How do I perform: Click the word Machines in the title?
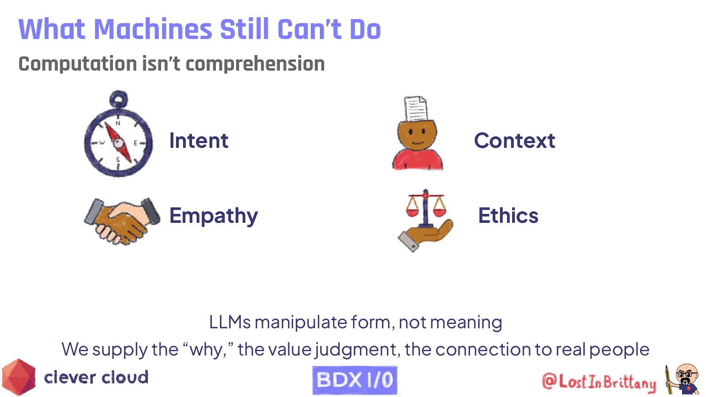(153, 30)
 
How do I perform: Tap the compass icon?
(118, 140)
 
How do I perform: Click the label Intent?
(199, 141)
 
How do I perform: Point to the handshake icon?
(122, 221)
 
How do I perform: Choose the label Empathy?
(214, 216)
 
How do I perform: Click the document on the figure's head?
(416, 109)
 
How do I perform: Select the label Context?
(514, 141)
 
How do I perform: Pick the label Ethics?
(508, 216)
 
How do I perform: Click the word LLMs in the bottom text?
(229, 322)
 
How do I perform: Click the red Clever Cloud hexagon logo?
(19, 377)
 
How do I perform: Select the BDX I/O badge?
(355, 380)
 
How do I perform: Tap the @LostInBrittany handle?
(599, 382)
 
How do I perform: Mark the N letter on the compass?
(118, 124)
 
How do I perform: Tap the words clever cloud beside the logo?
(96, 378)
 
